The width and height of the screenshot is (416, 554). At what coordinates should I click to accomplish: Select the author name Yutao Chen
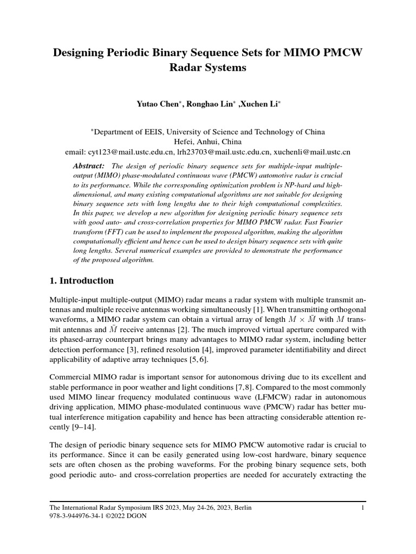pos(159,103)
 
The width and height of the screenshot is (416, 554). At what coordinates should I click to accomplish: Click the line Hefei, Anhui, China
pos(207,142)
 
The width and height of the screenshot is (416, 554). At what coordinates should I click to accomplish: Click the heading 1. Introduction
pos(82,281)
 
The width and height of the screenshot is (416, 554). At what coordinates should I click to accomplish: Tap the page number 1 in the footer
pos(363,507)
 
